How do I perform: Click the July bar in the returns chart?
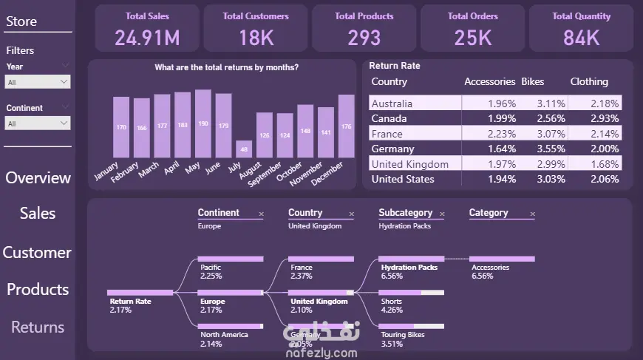243,148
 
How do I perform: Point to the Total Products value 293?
364,37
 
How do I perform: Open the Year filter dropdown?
38,83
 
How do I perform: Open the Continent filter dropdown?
38,123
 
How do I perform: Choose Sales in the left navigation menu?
38,214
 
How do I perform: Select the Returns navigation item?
38,327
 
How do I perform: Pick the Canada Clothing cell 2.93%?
604,118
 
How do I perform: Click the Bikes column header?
532,82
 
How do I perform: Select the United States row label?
403,179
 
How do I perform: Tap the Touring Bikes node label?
404,335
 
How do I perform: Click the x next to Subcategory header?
442,214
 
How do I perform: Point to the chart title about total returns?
226,68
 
